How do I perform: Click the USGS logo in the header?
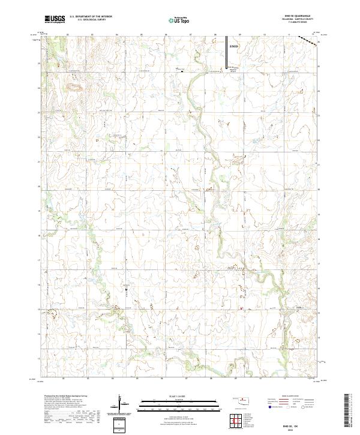point(55,20)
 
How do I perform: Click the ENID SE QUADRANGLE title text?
point(296,16)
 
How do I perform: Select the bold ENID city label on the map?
point(234,46)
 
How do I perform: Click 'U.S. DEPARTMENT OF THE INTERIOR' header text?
point(91,17)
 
